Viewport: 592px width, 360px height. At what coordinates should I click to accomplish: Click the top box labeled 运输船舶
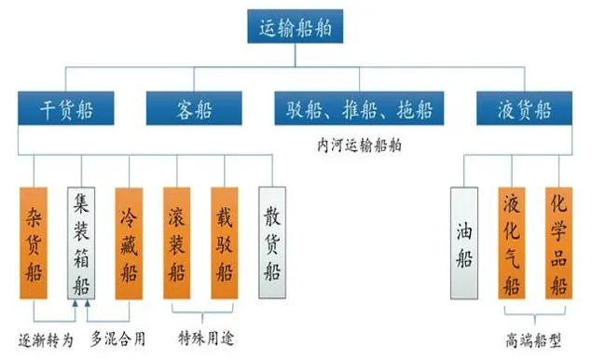click(x=296, y=28)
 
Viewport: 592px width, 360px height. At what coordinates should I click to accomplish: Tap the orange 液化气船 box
click(x=512, y=243)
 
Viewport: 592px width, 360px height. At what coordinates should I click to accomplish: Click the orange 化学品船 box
click(x=559, y=243)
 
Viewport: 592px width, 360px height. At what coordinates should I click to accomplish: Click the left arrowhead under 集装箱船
click(x=76, y=305)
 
